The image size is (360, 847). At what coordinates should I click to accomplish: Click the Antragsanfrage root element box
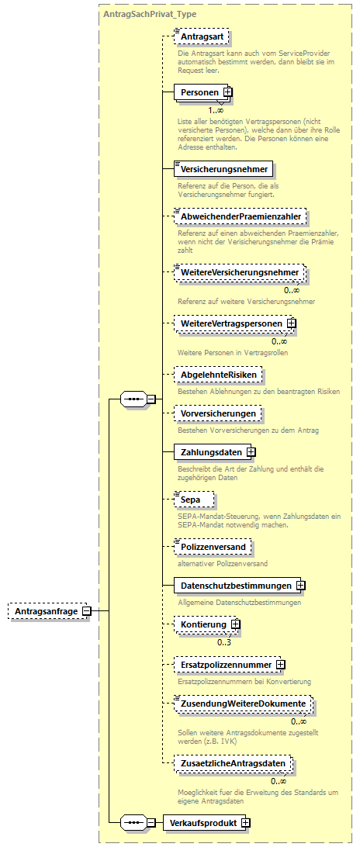[x=45, y=611]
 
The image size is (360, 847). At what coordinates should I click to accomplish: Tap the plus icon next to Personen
[x=227, y=93]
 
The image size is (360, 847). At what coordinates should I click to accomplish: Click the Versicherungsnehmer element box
[x=223, y=168]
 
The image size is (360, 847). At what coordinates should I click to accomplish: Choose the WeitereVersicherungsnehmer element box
[x=239, y=273]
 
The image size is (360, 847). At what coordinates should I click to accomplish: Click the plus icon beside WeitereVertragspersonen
[x=291, y=323]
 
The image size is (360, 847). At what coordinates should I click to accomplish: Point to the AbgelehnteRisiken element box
[x=216, y=375]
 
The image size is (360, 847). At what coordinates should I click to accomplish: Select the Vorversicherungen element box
[x=217, y=413]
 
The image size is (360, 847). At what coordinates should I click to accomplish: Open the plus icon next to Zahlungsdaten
[x=251, y=451]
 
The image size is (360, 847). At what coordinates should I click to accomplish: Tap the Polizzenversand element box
[x=213, y=547]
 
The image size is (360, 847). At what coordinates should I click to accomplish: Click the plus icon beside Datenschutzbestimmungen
[x=299, y=585]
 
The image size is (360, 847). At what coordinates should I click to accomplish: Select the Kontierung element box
[x=203, y=624]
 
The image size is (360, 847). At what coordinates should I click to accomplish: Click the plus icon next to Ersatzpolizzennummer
[x=280, y=665]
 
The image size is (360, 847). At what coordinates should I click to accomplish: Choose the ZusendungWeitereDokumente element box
[x=243, y=704]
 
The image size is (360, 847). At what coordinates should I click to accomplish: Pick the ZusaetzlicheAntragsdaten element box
[x=232, y=763]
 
